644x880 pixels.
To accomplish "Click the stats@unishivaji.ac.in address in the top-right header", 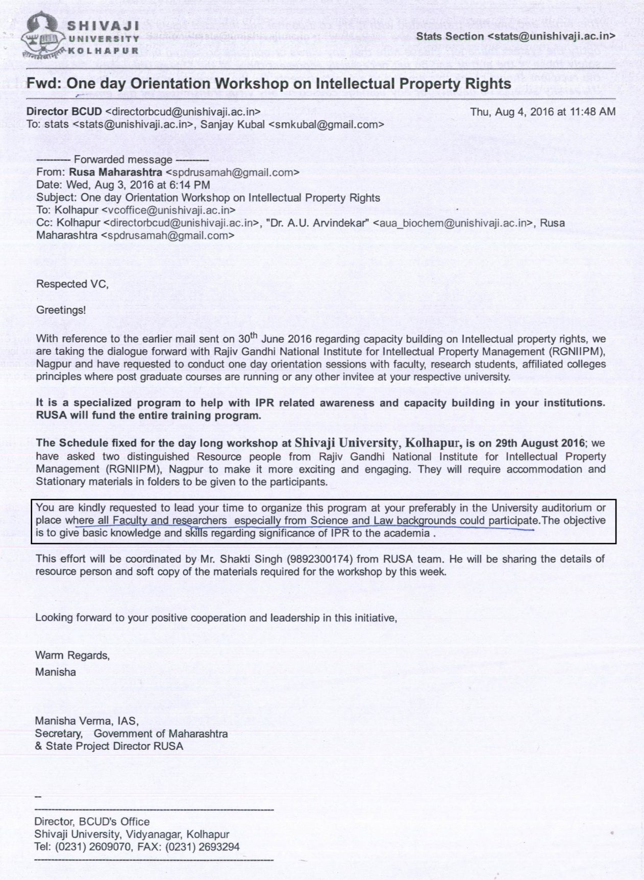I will click(551, 36).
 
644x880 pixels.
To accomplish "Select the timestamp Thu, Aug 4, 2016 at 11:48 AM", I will click(542, 111).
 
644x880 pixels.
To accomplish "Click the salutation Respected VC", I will click(72, 284).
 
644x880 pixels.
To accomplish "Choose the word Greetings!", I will click(61, 310).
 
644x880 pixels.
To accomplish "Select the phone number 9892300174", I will click(303, 559).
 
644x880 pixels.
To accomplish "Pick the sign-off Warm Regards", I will click(72, 655).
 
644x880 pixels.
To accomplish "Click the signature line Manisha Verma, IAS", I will click(86, 721).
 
